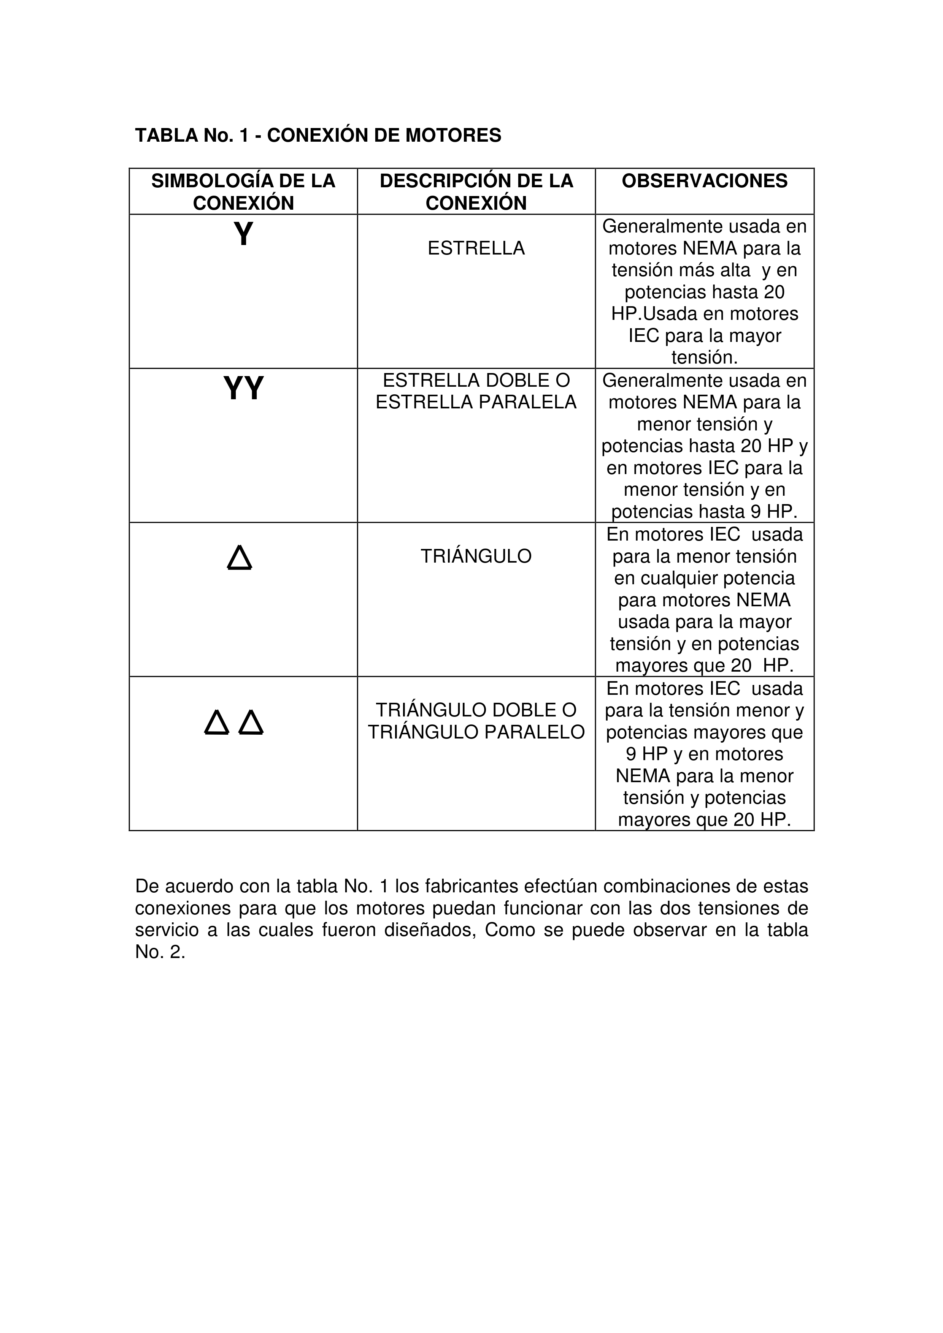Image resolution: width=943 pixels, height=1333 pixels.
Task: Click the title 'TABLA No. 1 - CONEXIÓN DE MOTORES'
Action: point(318,135)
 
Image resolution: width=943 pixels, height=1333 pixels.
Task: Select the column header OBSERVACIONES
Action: point(704,181)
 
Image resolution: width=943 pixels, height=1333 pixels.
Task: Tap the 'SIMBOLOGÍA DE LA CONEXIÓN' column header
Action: point(243,191)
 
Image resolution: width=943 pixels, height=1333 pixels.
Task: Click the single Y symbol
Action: point(243,234)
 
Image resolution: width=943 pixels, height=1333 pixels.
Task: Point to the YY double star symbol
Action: point(243,388)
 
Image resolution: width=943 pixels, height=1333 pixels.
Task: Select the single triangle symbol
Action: point(240,557)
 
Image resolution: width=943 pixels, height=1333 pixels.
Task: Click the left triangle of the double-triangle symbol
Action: point(217,723)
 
